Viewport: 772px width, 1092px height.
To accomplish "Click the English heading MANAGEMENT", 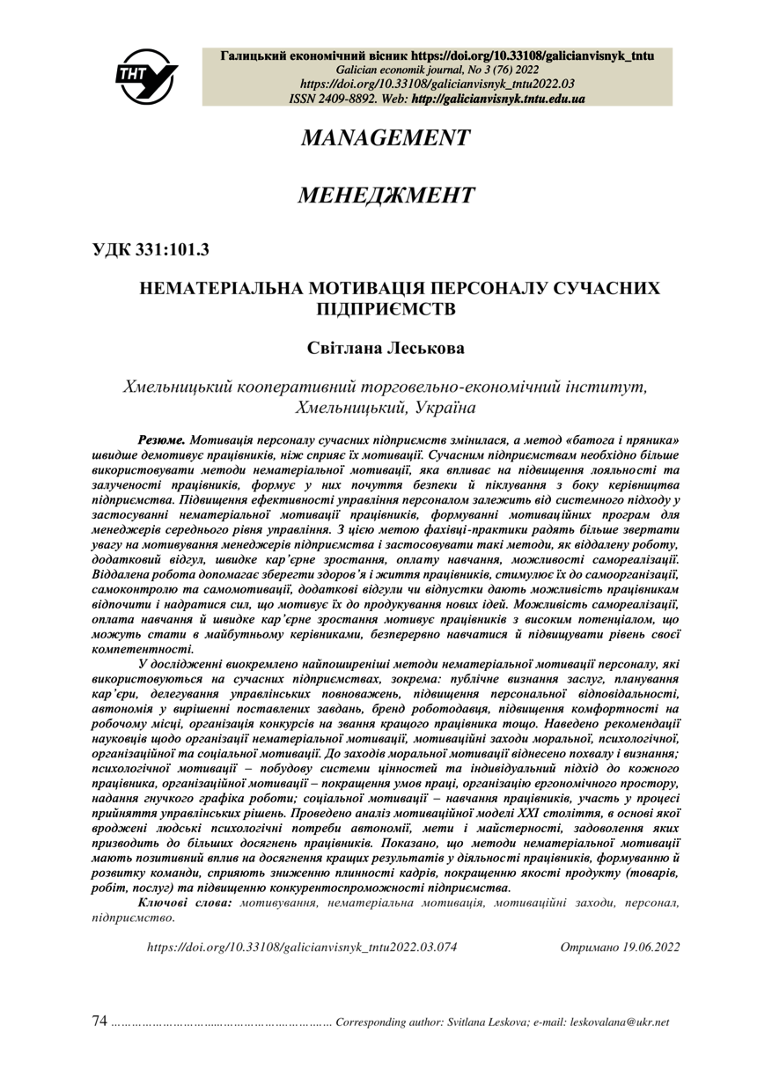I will (x=386, y=138).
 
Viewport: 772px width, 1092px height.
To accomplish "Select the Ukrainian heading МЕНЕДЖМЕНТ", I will (x=386, y=195).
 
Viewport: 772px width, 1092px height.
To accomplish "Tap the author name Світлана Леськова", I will (x=386, y=349).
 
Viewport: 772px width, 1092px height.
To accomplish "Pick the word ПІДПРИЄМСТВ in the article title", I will (x=386, y=309).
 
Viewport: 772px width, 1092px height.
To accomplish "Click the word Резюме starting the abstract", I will (x=161, y=438).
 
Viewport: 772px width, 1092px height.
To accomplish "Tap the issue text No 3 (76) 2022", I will (x=461, y=70).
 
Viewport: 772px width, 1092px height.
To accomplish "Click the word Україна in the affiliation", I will (x=441, y=408).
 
